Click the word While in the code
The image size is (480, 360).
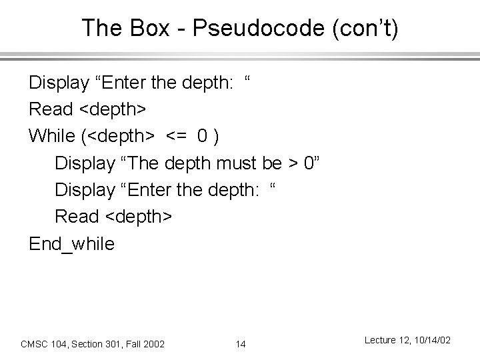tap(52, 136)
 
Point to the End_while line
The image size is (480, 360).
tap(71, 243)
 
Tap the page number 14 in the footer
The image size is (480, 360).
tap(241, 344)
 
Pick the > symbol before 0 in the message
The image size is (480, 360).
tap(293, 163)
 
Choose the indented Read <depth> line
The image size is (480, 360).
tap(113, 216)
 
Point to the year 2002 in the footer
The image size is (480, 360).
tap(154, 344)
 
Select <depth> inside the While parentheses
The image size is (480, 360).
tap(124, 136)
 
